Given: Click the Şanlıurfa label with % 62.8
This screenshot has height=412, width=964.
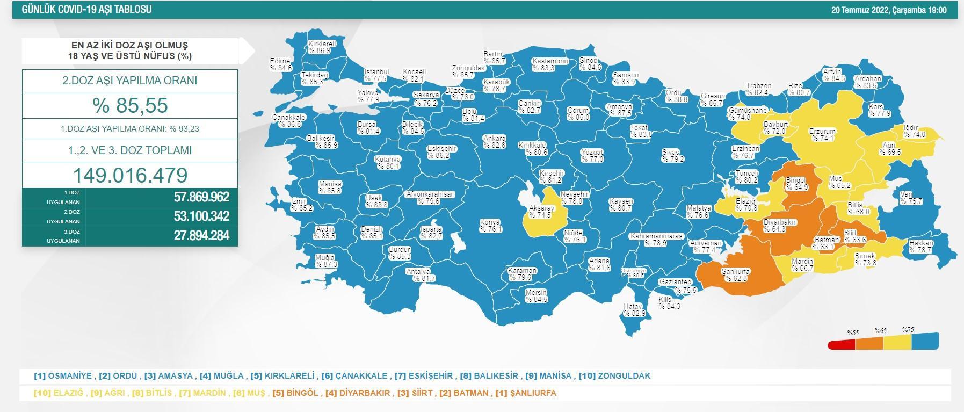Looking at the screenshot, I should tap(735, 274).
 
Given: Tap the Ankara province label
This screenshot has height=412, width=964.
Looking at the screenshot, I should tap(494, 142).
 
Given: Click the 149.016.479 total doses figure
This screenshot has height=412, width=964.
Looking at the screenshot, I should tap(129, 175).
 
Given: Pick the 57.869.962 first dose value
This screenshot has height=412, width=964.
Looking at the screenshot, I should tap(201, 197).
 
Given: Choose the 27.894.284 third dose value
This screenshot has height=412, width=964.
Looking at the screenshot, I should tap(201, 235).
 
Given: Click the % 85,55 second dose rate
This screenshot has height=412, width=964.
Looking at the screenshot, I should tap(129, 105).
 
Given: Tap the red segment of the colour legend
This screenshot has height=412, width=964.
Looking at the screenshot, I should tap(841, 344).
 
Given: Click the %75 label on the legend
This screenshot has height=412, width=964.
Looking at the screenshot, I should tap(908, 330).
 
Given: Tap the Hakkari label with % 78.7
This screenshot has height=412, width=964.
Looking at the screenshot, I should tap(921, 247).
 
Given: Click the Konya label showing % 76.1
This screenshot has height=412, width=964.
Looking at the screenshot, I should tap(490, 226).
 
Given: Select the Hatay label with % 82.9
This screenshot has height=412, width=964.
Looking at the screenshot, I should tap(633, 309).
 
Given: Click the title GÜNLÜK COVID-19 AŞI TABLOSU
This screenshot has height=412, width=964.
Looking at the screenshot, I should tap(86, 10).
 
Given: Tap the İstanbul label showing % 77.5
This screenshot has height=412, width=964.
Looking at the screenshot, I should tap(376, 75).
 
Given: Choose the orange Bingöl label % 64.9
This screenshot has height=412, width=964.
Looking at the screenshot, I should tap(796, 184).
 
